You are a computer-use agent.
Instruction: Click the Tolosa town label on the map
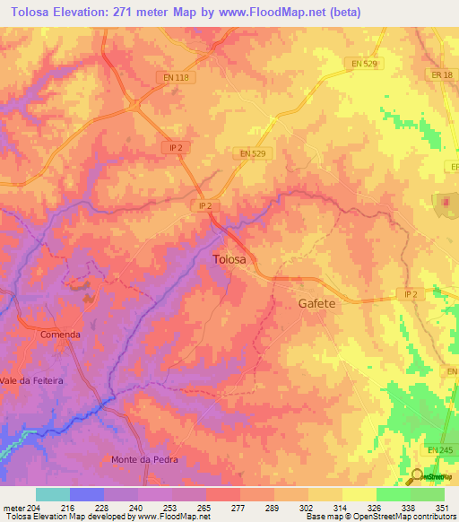(x=235, y=259)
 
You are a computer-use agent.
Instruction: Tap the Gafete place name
(x=316, y=303)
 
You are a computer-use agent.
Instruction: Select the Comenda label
(x=60, y=335)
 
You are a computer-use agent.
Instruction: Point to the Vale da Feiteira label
(x=32, y=380)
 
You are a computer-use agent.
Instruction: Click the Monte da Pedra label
(x=144, y=459)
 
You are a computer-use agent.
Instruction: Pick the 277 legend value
(x=239, y=509)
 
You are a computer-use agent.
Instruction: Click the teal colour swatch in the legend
(x=52, y=494)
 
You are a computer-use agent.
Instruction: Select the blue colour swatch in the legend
(x=86, y=494)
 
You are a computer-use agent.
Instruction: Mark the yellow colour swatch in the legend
(x=359, y=494)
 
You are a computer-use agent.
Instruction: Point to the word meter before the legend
(x=13, y=509)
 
